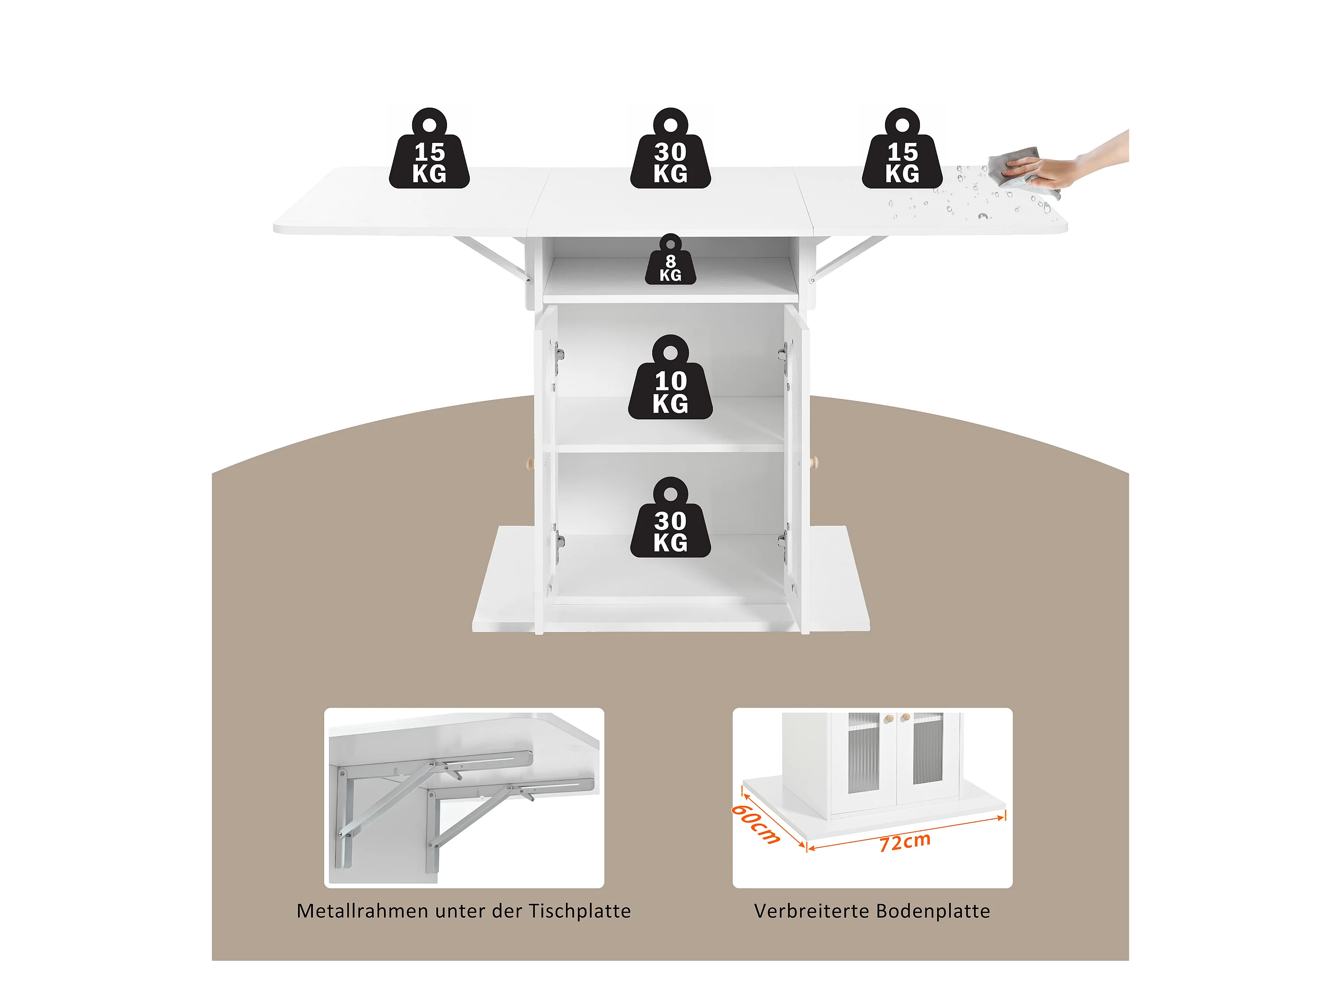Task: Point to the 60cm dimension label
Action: coord(755,824)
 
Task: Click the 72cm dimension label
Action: coord(905,842)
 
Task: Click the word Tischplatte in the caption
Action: coord(580,911)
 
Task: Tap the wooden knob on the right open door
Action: coord(814,462)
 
